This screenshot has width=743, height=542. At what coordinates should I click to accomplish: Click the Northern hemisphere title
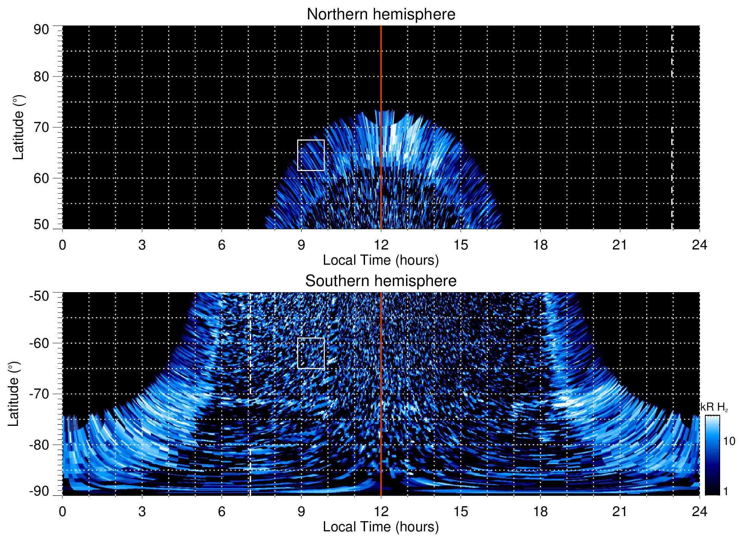click(x=381, y=14)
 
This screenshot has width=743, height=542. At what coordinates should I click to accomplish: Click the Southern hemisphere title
click(x=381, y=281)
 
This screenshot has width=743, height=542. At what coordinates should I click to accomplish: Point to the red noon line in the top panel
click(x=381, y=76)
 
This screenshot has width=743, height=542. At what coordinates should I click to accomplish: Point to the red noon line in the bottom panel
click(x=381, y=381)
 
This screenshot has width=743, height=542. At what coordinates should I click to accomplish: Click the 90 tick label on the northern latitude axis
click(x=41, y=30)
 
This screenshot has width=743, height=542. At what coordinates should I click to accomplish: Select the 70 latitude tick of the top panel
click(x=41, y=127)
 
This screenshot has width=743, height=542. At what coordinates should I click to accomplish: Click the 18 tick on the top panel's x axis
click(x=540, y=245)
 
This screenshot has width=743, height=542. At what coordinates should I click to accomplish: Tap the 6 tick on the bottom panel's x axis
click(x=221, y=512)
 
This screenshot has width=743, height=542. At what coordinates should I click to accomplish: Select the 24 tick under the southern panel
click(x=699, y=512)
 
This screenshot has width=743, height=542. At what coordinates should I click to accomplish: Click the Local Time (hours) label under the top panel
click(x=381, y=260)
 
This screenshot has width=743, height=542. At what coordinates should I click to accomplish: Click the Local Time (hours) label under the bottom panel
click(x=381, y=527)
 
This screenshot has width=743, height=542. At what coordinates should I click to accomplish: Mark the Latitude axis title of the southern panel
click(x=14, y=394)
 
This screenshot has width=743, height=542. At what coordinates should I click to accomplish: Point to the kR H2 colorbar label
click(x=714, y=408)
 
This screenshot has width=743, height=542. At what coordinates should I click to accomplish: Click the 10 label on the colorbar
click(x=729, y=441)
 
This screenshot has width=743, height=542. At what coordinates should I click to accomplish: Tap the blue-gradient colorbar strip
click(x=712, y=455)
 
